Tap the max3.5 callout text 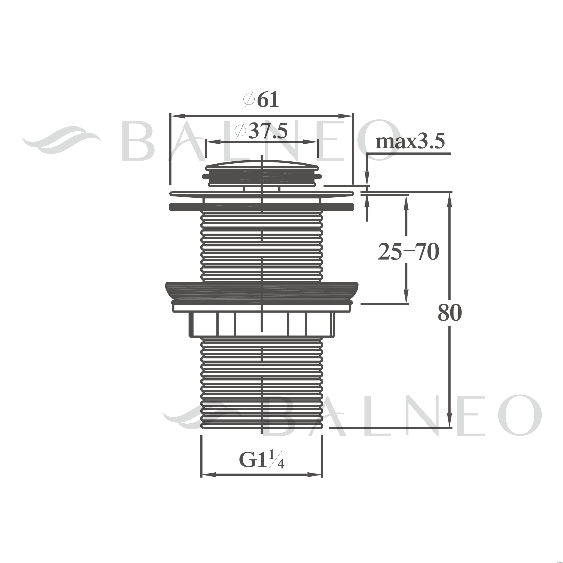[410, 142]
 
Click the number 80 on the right [450, 313]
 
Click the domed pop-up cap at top [262, 173]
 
